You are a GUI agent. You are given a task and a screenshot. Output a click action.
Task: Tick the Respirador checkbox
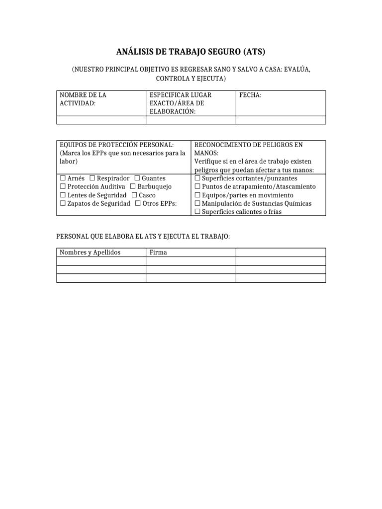tap(93, 178)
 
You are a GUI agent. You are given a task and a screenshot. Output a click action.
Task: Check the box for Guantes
tap(137, 178)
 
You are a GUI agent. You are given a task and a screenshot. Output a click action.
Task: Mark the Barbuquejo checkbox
tap(133, 187)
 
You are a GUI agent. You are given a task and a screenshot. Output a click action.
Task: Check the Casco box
tap(134, 195)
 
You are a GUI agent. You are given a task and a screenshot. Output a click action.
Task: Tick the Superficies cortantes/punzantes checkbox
tap(197, 178)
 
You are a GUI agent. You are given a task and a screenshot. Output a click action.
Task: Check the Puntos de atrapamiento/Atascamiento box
tap(197, 187)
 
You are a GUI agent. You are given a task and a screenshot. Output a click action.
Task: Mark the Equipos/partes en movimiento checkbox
tap(197, 195)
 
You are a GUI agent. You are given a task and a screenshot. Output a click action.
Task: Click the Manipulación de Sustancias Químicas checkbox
tap(197, 204)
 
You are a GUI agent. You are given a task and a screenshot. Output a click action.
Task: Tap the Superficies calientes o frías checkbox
tap(197, 212)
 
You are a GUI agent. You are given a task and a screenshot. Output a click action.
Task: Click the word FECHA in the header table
tap(250, 95)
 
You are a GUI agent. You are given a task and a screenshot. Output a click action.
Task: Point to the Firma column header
tap(158, 253)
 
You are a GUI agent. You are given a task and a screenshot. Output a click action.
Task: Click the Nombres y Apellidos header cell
tap(90, 253)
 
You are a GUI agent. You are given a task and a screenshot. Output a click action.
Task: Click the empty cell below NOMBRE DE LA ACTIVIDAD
tap(101, 120)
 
